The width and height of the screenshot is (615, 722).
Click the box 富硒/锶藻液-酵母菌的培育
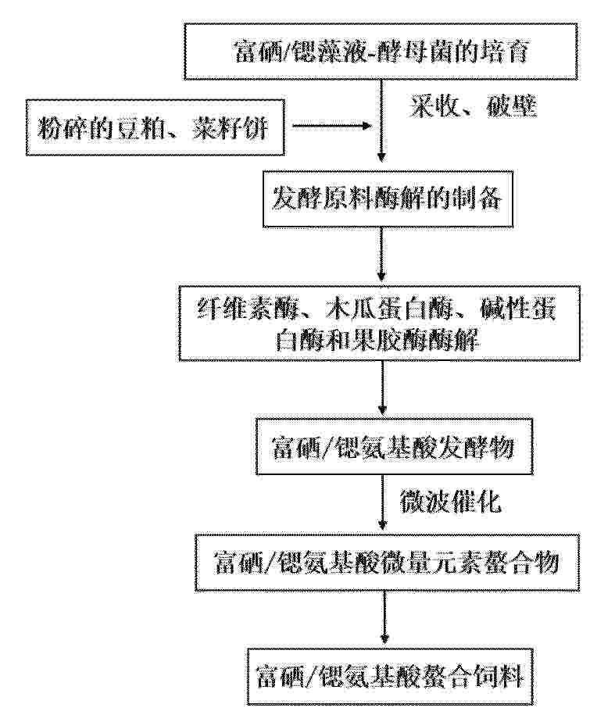[x=381, y=52]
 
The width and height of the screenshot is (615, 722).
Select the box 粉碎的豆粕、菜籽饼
[x=156, y=127]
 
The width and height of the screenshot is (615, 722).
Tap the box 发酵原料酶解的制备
[x=388, y=199]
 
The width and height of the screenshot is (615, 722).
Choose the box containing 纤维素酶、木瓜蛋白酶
[x=379, y=323]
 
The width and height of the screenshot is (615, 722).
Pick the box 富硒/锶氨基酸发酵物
[x=394, y=447]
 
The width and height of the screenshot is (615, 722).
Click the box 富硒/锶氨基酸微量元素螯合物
[x=387, y=563]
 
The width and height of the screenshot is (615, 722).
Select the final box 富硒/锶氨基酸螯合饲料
[x=391, y=677]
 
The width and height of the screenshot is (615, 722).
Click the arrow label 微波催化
[x=450, y=502]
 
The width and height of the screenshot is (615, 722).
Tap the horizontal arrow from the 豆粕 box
[x=332, y=125]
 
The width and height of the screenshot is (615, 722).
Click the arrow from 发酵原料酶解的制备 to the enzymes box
[x=381, y=254]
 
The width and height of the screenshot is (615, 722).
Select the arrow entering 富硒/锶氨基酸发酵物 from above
[x=382, y=388]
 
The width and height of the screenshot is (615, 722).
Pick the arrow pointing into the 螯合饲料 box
[x=384, y=617]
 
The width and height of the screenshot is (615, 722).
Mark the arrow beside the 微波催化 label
[x=382, y=502]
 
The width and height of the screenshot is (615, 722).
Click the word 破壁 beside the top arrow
[x=513, y=107]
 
